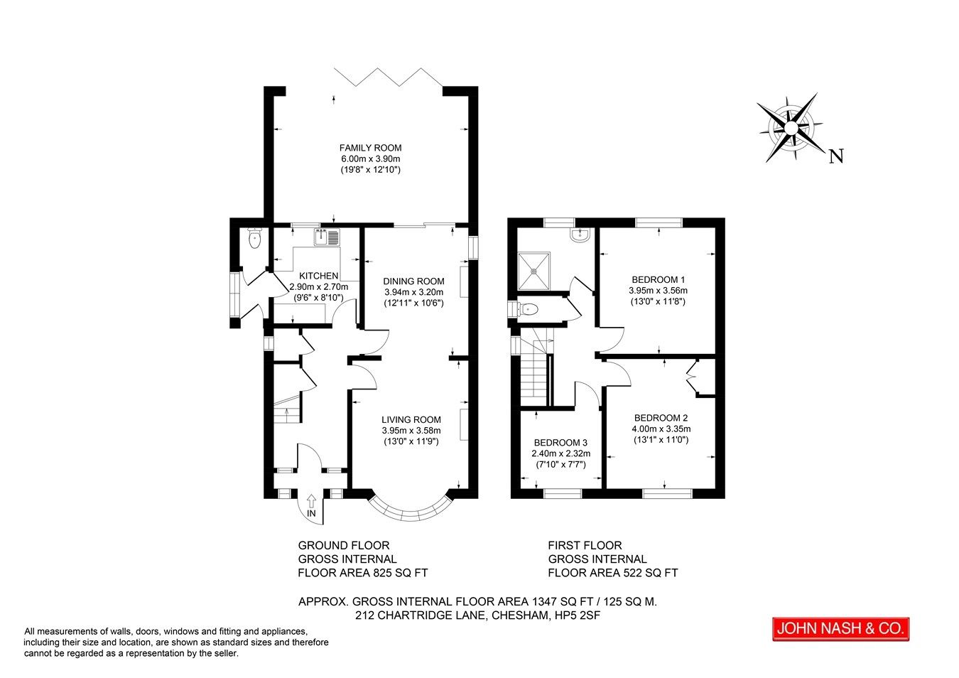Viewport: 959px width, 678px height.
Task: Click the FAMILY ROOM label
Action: pyautogui.click(x=370, y=148)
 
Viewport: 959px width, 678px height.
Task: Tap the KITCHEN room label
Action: pyautogui.click(x=318, y=276)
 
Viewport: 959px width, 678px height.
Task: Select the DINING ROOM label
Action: pyautogui.click(x=413, y=281)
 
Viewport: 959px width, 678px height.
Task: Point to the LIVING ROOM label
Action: pyautogui.click(x=411, y=419)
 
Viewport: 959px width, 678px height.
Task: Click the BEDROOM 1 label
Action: pyautogui.click(x=658, y=279)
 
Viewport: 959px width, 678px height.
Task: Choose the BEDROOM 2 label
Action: pyautogui.click(x=661, y=418)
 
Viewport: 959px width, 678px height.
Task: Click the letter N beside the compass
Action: pyautogui.click(x=836, y=156)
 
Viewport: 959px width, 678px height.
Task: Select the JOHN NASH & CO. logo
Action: pyautogui.click(x=841, y=629)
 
